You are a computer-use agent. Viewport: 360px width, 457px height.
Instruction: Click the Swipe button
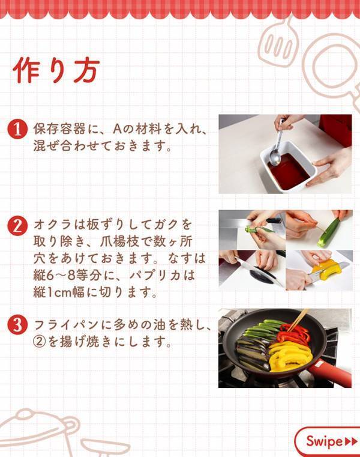327,441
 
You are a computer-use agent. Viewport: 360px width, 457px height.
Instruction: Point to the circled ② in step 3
40,343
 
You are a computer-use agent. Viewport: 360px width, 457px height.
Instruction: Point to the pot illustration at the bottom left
36,429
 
